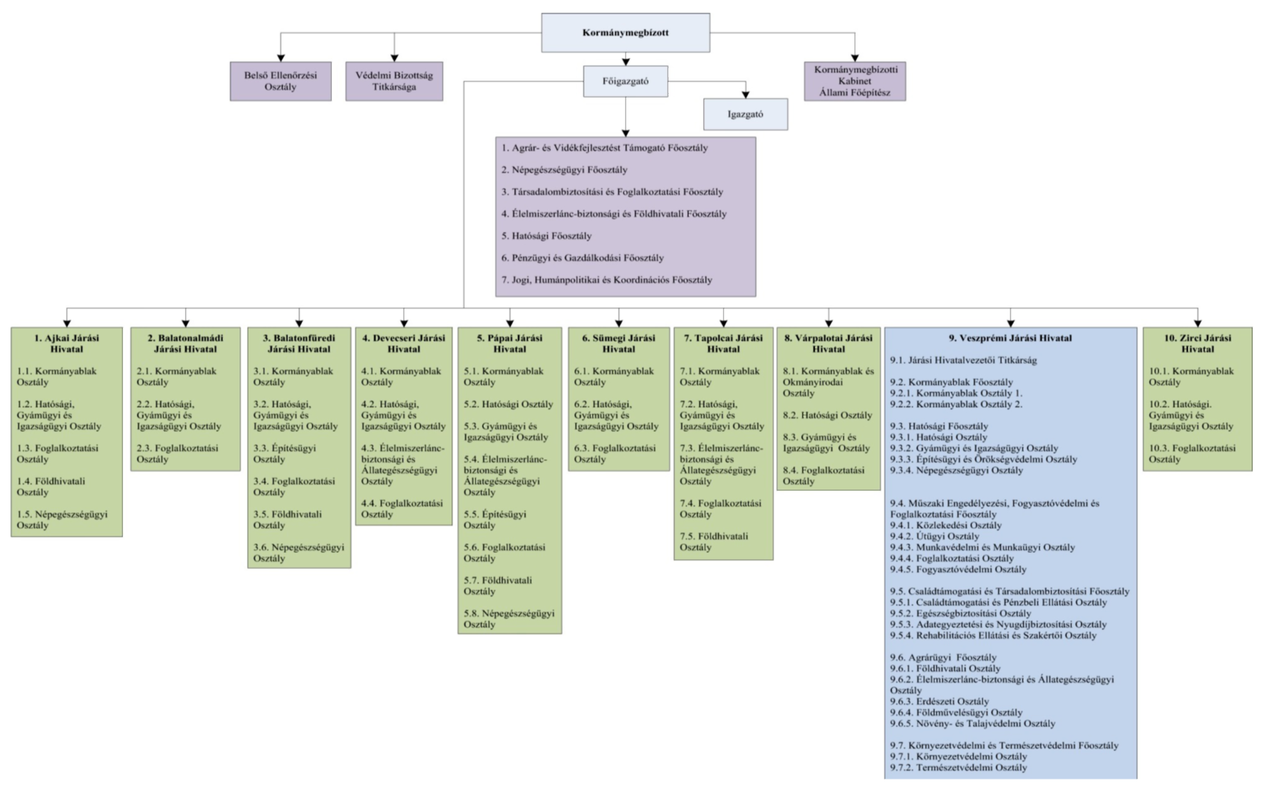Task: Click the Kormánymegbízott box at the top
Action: (625, 33)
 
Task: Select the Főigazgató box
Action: (625, 81)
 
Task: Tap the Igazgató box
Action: (745, 114)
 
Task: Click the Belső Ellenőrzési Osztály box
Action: (280, 81)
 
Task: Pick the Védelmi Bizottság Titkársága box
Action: (394, 81)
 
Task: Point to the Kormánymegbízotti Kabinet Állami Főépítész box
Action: (855, 81)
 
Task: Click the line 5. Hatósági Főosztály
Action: (546, 236)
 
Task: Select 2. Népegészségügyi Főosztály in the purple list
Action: (564, 169)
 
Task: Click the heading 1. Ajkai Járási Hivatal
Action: (66, 343)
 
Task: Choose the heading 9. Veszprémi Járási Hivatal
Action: (1010, 338)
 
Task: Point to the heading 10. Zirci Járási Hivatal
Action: (1198, 343)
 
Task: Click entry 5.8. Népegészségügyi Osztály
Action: (509, 618)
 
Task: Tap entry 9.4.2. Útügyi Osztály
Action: (934, 536)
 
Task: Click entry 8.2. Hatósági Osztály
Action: (827, 415)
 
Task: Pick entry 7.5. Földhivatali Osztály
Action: (714, 541)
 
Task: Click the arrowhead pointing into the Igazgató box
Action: (745, 95)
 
